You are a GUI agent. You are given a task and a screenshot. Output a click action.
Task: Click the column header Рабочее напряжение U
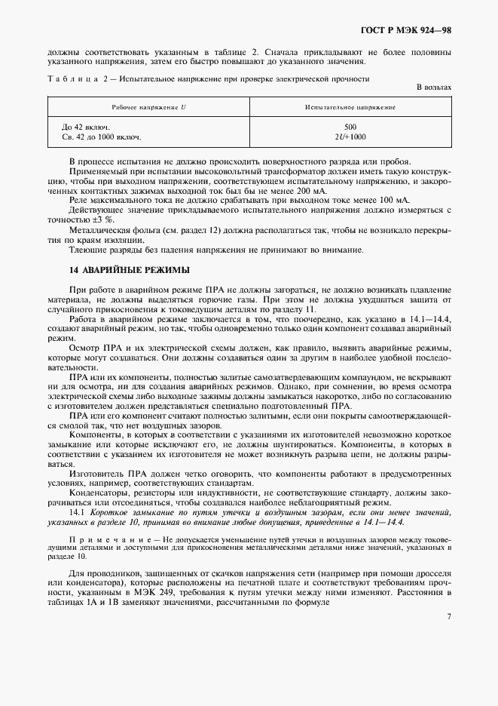[x=148, y=108]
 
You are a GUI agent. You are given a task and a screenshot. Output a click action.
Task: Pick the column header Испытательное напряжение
[x=350, y=108]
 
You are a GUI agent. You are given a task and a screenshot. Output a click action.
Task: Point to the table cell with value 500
[x=350, y=127]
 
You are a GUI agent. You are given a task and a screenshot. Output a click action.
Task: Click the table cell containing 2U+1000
[x=350, y=137]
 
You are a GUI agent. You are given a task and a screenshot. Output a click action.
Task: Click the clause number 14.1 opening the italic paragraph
[x=76, y=511]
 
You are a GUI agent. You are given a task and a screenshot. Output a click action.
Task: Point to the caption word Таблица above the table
[x=73, y=78]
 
